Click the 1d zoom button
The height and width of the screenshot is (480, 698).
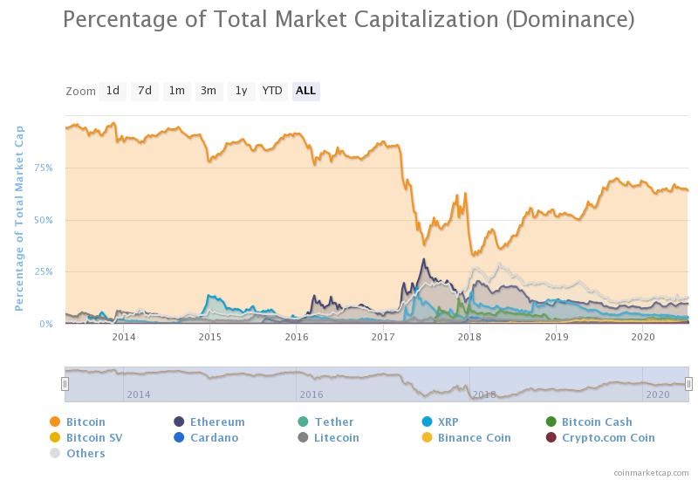pyautogui.click(x=113, y=91)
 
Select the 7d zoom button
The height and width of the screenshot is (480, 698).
pyautogui.click(x=144, y=91)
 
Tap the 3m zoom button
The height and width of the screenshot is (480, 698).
pyautogui.click(x=208, y=91)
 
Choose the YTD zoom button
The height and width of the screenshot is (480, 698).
pyautogui.click(x=272, y=91)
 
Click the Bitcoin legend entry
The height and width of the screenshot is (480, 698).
pyautogui.click(x=85, y=422)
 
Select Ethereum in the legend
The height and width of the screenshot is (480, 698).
pyautogui.click(x=216, y=422)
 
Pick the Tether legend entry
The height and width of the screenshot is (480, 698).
pyautogui.click(x=333, y=422)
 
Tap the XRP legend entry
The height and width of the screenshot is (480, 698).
pyautogui.click(x=448, y=422)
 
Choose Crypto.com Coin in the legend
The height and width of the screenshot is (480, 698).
pyautogui.click(x=607, y=437)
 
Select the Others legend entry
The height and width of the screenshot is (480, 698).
pyautogui.click(x=85, y=453)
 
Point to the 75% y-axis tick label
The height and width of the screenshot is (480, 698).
pyautogui.click(x=43, y=168)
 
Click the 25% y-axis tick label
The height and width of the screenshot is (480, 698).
pyautogui.click(x=43, y=271)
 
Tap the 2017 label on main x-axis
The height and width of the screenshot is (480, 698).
pyautogui.click(x=383, y=336)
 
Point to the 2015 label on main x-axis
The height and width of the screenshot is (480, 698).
pyautogui.click(x=209, y=336)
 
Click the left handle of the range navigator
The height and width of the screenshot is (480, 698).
pyautogui.click(x=65, y=384)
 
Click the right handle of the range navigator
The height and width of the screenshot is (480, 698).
pyautogui.click(x=688, y=384)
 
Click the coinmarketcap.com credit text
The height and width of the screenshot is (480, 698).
pyautogui.click(x=650, y=472)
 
